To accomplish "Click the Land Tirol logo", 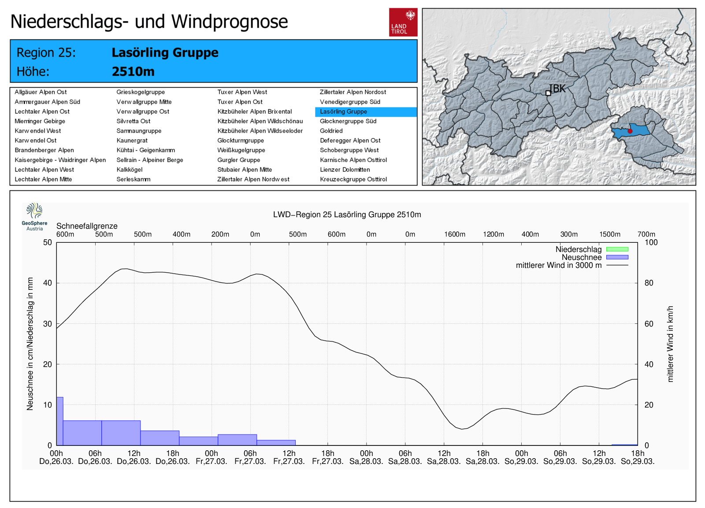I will (403, 22).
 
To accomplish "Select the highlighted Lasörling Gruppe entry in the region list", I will (344, 112).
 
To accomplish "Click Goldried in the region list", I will (331, 131).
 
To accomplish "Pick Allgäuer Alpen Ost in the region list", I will (41, 92).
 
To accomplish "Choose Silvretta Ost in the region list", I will (134, 121).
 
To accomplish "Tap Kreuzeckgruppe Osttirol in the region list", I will (353, 179).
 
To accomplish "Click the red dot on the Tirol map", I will (630, 131).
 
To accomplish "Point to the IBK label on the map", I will (558, 89).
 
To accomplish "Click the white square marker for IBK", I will (548, 93).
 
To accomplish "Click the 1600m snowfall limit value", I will (455, 234).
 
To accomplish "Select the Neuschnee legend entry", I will (582, 257).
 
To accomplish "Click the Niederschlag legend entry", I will (579, 249).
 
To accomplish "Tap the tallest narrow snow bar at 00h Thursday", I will (60, 421).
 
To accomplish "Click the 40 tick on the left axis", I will (47, 283).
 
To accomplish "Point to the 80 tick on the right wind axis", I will (649, 283).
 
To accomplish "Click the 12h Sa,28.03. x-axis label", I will (444, 457).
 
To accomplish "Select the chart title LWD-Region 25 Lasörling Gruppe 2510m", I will (347, 215).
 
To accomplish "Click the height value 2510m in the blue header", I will (133, 71).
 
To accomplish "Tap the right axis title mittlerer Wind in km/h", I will (670, 344).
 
